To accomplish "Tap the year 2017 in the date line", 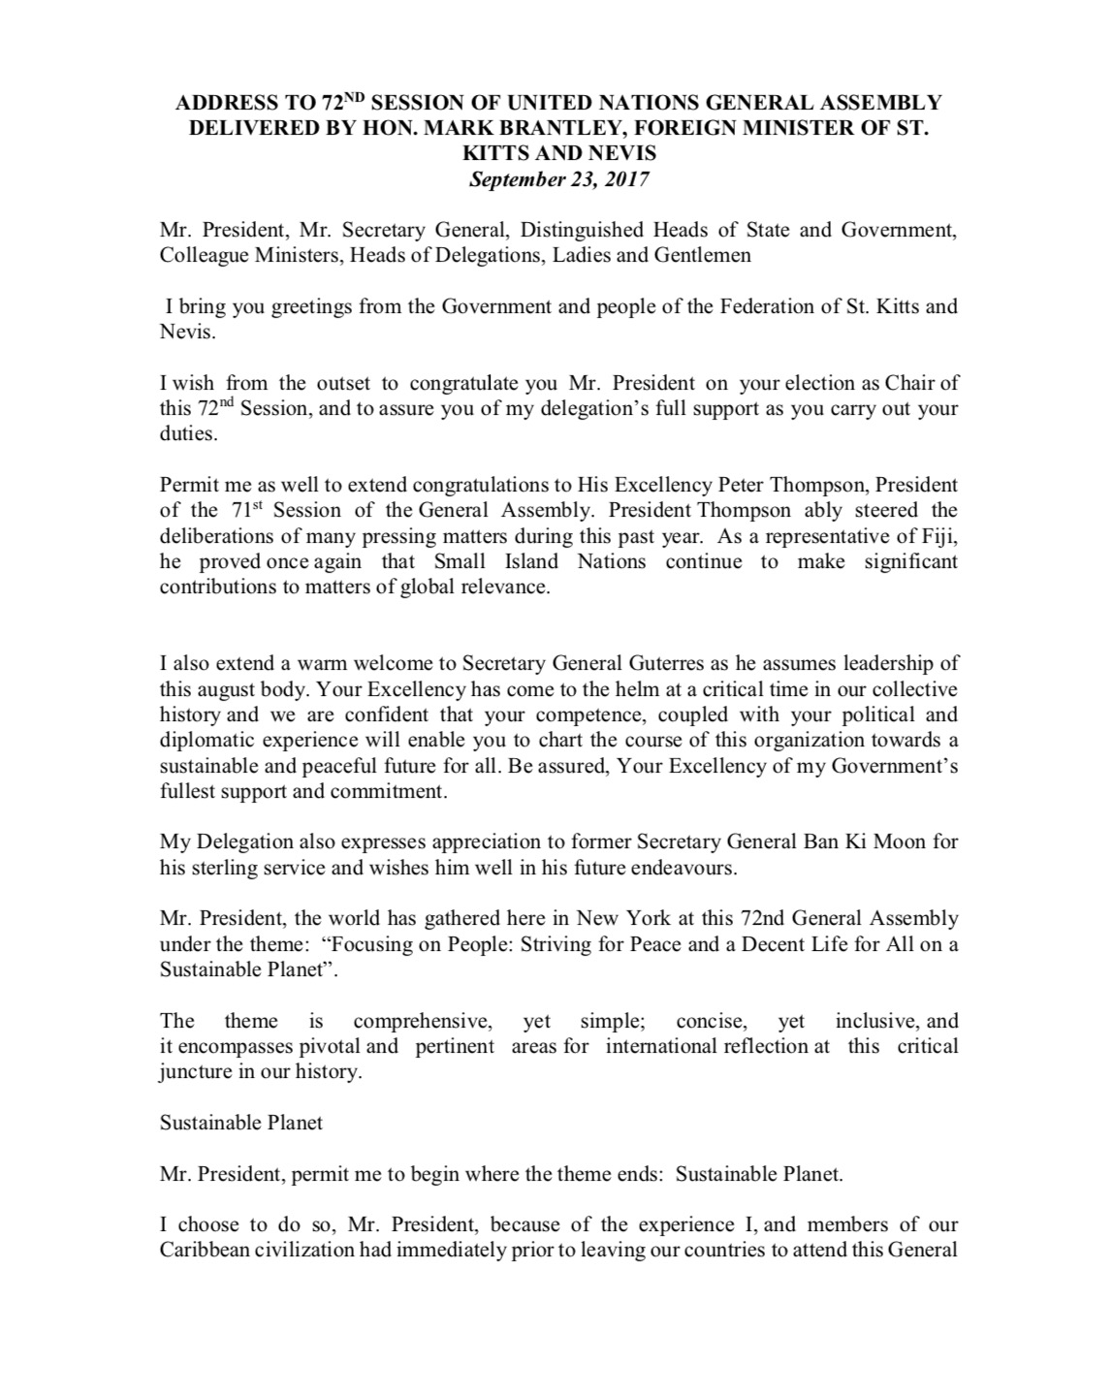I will [x=626, y=179].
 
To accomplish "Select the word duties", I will [x=186, y=433].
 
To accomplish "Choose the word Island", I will [x=524, y=561].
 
